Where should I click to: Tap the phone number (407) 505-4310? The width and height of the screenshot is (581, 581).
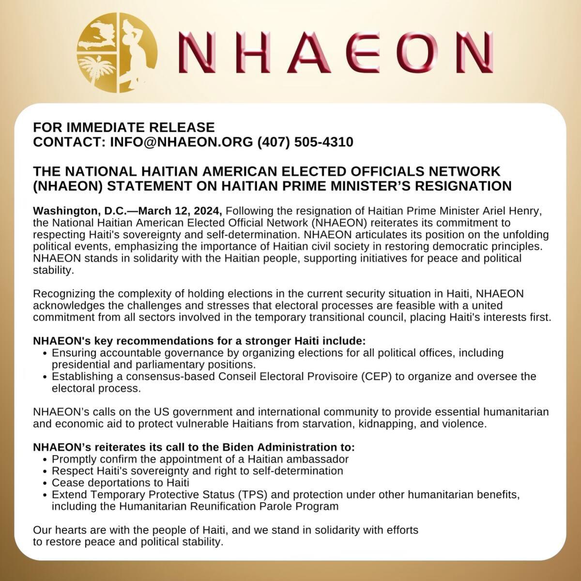(x=305, y=142)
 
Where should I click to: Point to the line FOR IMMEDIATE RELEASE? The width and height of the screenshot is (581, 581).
(x=123, y=127)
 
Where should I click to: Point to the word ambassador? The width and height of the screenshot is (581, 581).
(x=322, y=459)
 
